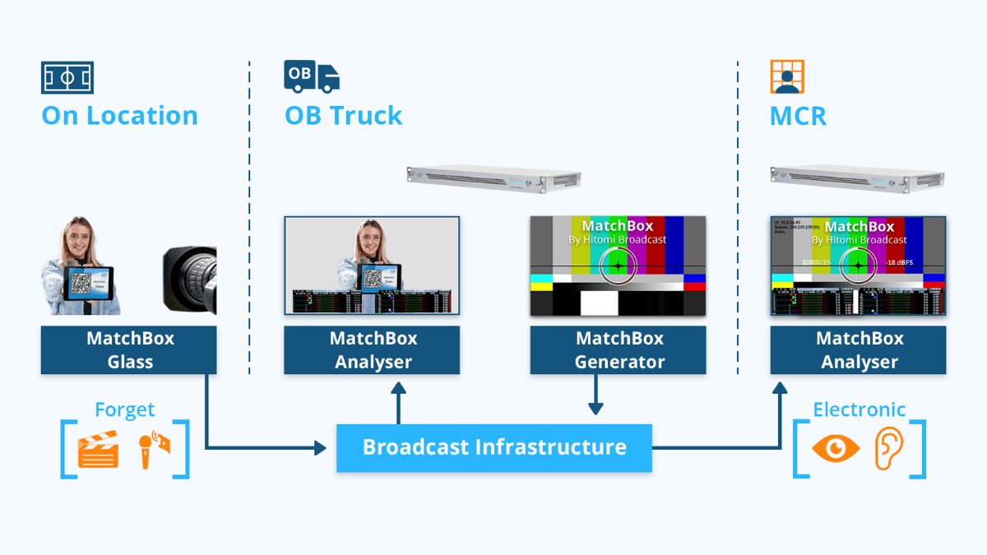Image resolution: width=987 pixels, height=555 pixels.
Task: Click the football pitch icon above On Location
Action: coord(67,77)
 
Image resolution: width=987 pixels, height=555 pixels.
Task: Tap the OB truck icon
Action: coord(312,76)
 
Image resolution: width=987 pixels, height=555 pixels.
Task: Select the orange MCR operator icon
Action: coord(787,76)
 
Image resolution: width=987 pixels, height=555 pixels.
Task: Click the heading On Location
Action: coord(120,115)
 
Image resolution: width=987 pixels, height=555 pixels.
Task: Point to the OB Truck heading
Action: coord(344,115)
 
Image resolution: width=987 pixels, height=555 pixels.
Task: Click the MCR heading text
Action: coord(798,115)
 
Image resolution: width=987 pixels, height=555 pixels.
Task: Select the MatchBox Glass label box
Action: coord(129,350)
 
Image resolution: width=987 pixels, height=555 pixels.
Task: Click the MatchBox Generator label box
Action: coord(618,350)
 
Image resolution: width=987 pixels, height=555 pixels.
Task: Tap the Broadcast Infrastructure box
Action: coord(494,448)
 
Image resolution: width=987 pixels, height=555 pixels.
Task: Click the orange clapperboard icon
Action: coord(98,451)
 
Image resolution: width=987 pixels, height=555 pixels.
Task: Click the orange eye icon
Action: coord(835,448)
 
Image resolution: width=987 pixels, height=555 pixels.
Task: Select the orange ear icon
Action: coord(889,448)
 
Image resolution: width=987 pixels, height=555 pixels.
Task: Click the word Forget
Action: coord(125,409)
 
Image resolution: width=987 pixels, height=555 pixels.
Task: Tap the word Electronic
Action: coord(860,409)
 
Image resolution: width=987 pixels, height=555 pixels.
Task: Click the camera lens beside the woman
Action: coord(190,280)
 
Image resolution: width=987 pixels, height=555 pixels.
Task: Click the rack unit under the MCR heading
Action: coord(858,178)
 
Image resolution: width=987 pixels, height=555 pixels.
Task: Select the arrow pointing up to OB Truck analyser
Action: coord(399,398)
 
